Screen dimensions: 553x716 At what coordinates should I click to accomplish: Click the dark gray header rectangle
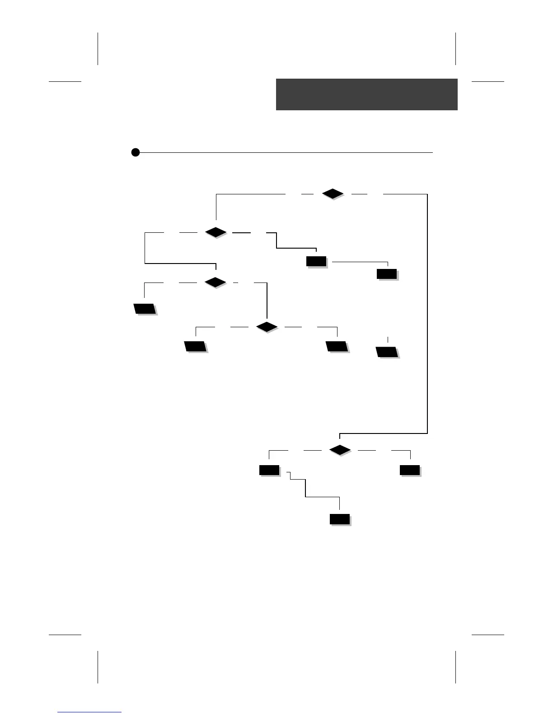tap(366, 94)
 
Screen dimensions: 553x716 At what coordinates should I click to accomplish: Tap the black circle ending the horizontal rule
tap(135, 152)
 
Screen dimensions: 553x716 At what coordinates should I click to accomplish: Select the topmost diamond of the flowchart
tap(333, 194)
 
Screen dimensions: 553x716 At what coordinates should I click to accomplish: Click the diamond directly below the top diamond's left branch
tap(216, 232)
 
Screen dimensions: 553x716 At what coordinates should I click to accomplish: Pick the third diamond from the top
tap(215, 283)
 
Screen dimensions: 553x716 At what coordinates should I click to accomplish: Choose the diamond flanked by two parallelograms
tap(267, 326)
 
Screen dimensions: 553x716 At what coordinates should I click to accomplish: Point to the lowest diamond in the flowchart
tap(340, 450)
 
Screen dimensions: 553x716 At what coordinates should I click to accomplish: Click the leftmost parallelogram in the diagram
tap(145, 309)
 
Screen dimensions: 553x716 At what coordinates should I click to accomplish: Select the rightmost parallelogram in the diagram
tap(387, 352)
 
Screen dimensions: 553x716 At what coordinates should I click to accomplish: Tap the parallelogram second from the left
tap(195, 347)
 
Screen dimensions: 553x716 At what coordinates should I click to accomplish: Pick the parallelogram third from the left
tap(337, 347)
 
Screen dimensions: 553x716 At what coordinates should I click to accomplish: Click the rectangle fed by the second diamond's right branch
tap(316, 261)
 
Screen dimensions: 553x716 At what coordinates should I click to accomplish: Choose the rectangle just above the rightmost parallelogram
tap(387, 274)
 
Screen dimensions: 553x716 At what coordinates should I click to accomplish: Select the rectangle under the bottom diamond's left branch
tap(269, 470)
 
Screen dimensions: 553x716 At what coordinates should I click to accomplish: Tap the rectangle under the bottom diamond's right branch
tap(410, 470)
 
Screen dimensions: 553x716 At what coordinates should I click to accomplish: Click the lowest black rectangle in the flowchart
tap(340, 519)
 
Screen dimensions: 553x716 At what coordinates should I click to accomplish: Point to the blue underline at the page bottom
tap(89, 712)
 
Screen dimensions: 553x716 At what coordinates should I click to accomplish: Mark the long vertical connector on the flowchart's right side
tap(427, 312)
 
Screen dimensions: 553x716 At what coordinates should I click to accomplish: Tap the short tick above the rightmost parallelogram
tap(388, 339)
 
